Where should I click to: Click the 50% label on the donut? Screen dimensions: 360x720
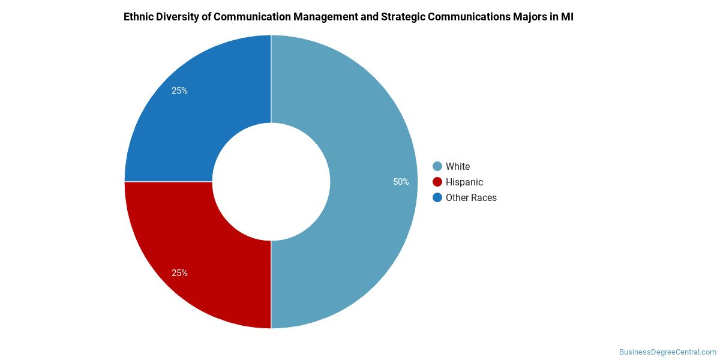tap(401, 182)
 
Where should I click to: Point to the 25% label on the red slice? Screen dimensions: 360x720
tap(179, 273)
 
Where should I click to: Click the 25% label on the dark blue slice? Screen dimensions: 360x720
tap(179, 91)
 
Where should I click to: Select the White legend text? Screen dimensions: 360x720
tap(458, 166)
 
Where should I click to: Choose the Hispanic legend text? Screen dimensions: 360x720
tap(464, 182)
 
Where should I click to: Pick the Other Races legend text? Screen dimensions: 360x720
tap(471, 197)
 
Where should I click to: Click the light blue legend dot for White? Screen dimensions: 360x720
tap(437, 166)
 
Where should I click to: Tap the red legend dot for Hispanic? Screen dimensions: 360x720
tap(437, 182)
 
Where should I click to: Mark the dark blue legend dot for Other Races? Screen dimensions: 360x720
tap(437, 197)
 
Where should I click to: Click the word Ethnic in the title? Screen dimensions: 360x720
tap(139, 17)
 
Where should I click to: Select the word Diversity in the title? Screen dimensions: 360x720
tap(179, 17)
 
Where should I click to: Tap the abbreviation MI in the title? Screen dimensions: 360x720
tap(567, 17)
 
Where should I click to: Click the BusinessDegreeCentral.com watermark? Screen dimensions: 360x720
tap(667, 352)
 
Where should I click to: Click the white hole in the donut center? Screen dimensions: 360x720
tap(271, 182)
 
